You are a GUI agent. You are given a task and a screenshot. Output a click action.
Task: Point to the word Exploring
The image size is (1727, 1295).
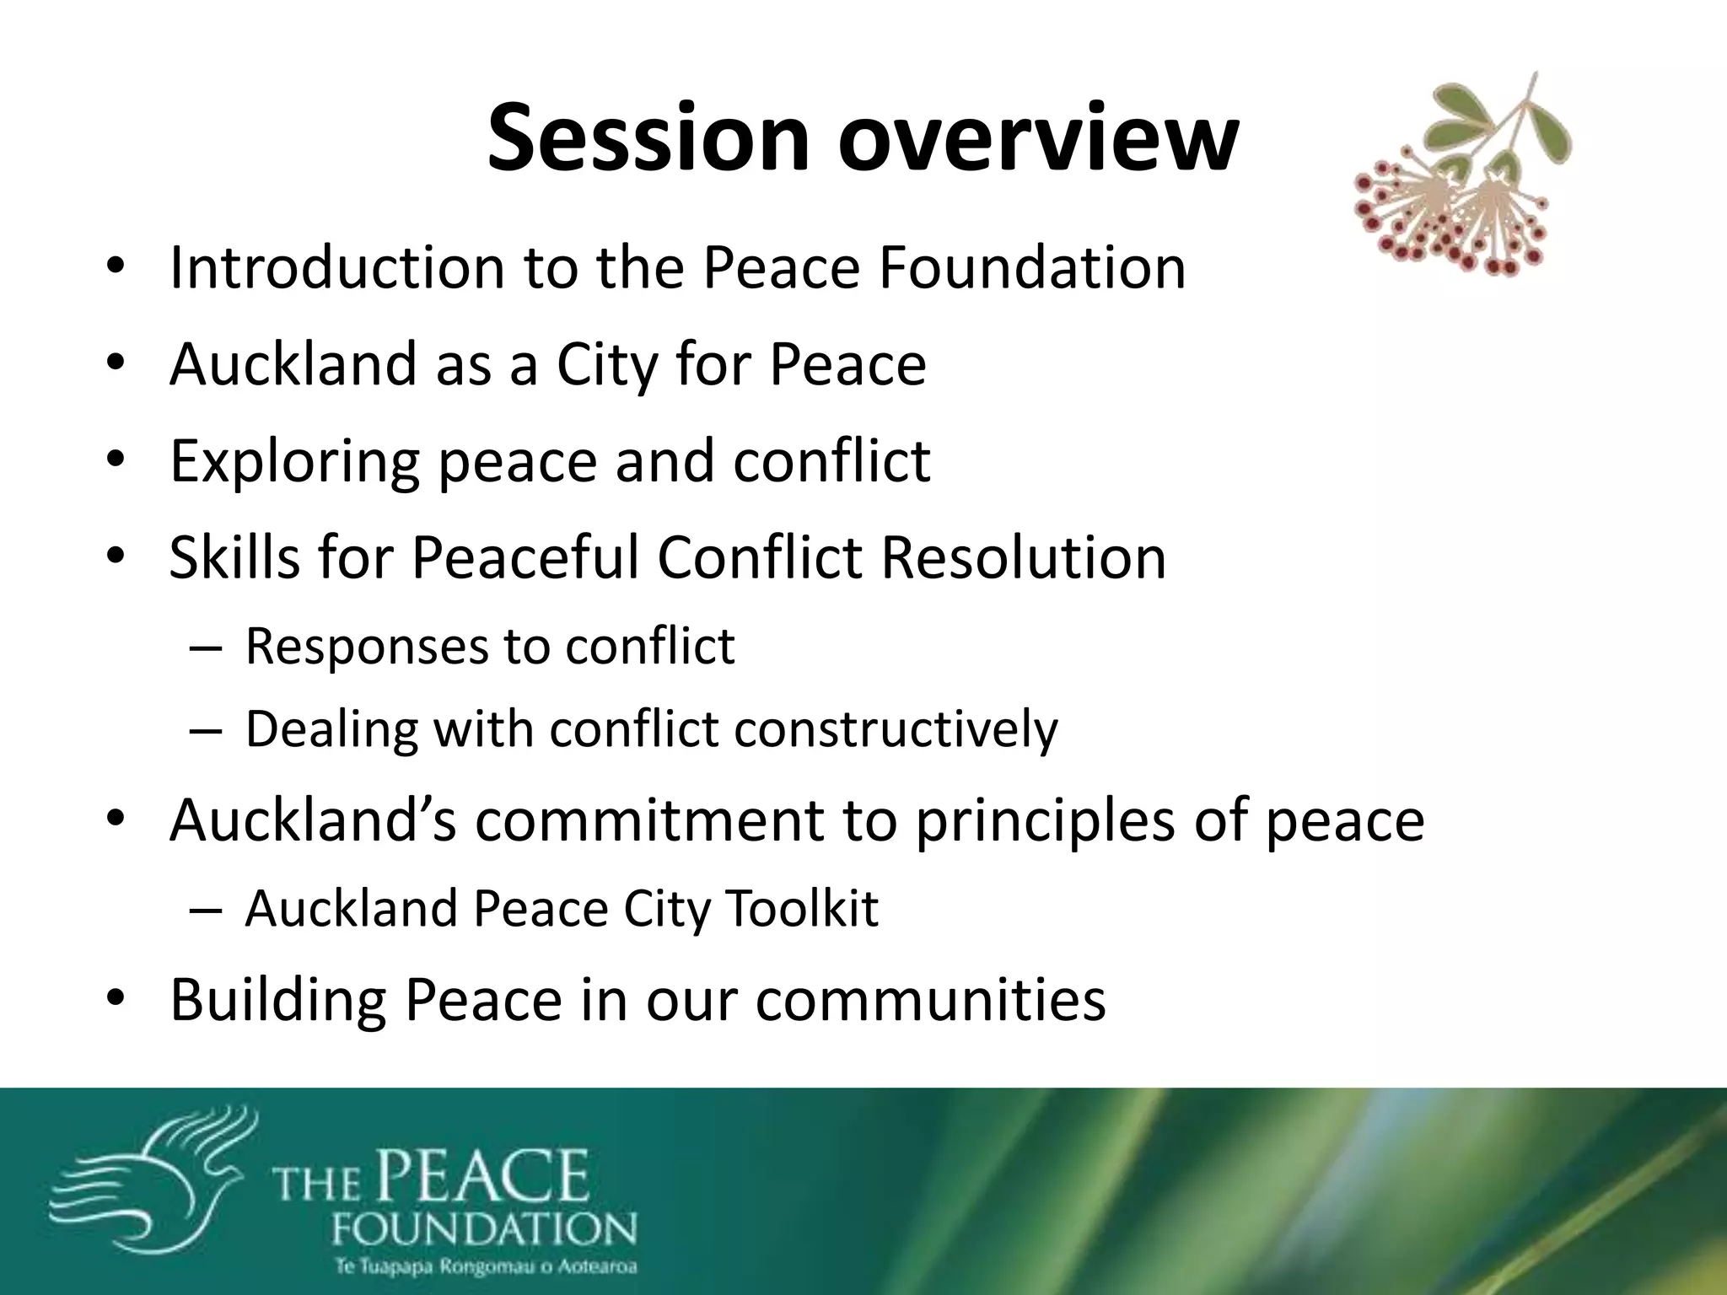pyautogui.click(x=293, y=463)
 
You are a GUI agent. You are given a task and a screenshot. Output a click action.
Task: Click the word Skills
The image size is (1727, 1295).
pyautogui.click(x=234, y=558)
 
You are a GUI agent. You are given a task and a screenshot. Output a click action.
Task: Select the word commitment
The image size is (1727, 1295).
pyautogui.click(x=648, y=820)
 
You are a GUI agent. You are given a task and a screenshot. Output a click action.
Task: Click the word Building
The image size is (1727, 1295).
pyautogui.click(x=277, y=1002)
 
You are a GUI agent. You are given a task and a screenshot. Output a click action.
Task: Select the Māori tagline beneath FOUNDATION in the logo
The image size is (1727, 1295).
pyautogui.click(x=485, y=1267)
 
